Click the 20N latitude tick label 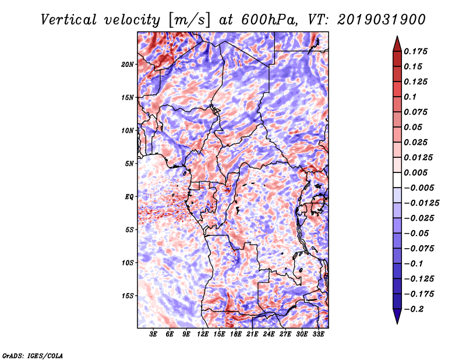[x=128, y=65]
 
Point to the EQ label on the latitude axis [x=129, y=197]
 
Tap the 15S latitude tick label [x=128, y=296]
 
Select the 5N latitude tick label [x=129, y=164]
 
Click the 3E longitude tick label [x=153, y=334]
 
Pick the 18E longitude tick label [x=236, y=334]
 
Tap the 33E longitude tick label [x=318, y=334]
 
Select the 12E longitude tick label [x=203, y=334]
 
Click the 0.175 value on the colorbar [x=415, y=51]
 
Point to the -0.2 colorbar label [x=414, y=309]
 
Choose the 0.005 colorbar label [x=415, y=172]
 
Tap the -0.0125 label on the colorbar [x=421, y=203]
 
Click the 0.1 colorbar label [x=410, y=97]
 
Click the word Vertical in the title [x=69, y=20]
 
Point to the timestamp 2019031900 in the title [x=382, y=20]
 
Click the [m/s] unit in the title [x=189, y=20]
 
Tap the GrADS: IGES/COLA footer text [x=33, y=355]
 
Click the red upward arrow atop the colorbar [x=397, y=44]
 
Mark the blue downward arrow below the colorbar [x=397, y=316]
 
